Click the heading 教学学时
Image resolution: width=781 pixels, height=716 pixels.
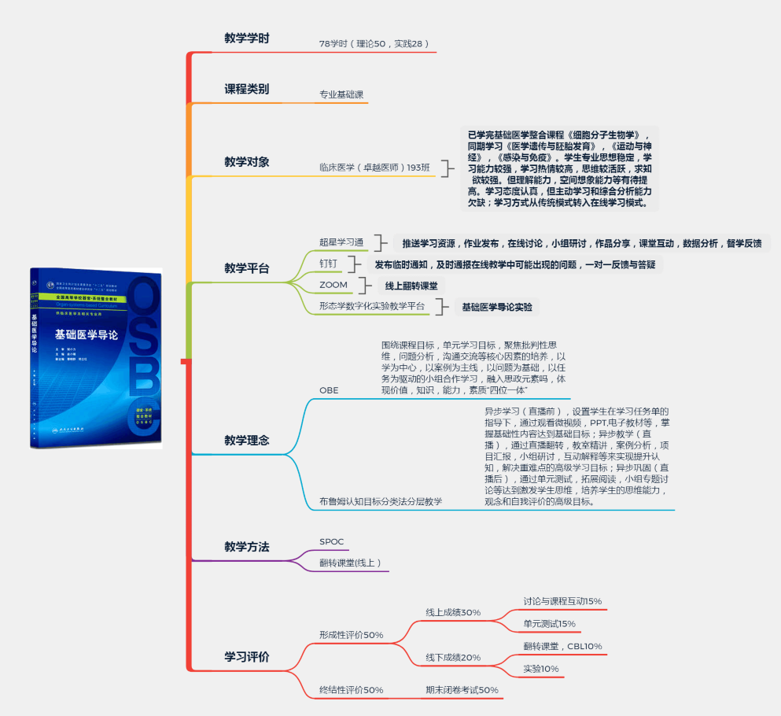[x=246, y=38]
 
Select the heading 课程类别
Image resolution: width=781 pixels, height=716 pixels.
[x=246, y=89]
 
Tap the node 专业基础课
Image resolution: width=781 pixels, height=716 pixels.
[x=341, y=95]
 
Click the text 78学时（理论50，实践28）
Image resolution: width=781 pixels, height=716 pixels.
[x=374, y=44]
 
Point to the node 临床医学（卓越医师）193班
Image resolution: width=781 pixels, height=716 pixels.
[x=374, y=168]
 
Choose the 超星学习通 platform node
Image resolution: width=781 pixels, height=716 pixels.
[x=341, y=242]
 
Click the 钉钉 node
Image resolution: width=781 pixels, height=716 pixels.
[x=328, y=263]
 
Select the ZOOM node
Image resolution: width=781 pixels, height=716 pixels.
[x=333, y=284]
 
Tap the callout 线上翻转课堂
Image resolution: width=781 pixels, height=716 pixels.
[x=411, y=285]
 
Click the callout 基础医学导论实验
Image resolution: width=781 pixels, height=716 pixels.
[x=496, y=306]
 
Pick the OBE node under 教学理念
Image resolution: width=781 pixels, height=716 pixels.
[x=329, y=390]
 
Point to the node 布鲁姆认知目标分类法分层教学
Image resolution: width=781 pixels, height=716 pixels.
[x=381, y=501]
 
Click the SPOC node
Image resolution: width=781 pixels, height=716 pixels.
[x=331, y=541]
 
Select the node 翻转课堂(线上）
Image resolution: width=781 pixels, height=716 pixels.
[x=350, y=563]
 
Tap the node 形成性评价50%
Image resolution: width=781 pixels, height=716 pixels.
[x=351, y=635]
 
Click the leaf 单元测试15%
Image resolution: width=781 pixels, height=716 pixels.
[x=549, y=624]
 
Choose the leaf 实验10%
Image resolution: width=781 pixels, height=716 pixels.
[x=540, y=669]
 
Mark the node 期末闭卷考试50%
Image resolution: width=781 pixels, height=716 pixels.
[x=462, y=690]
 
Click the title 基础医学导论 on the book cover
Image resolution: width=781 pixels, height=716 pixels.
[x=87, y=334]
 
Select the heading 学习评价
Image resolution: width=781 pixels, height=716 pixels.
[x=246, y=657]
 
